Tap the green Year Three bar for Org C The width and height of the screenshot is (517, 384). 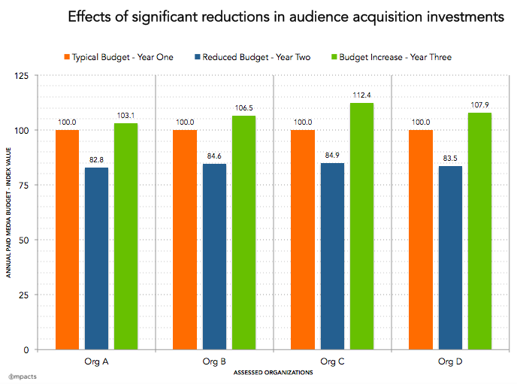(x=361, y=226)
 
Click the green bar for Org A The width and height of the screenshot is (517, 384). (x=126, y=236)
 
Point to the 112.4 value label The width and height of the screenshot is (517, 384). (x=361, y=95)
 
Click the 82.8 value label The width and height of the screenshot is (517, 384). (x=97, y=160)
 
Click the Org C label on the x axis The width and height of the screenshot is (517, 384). (x=332, y=362)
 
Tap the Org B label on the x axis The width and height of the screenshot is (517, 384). (x=214, y=362)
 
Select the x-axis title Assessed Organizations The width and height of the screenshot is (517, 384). (x=274, y=373)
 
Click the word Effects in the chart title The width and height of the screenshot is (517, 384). (x=93, y=17)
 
